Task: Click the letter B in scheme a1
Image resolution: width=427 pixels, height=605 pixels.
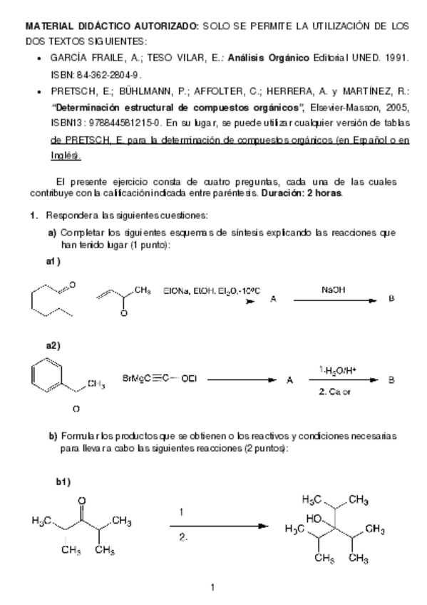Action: (x=391, y=300)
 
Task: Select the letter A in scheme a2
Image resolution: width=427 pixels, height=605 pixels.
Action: (x=289, y=380)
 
